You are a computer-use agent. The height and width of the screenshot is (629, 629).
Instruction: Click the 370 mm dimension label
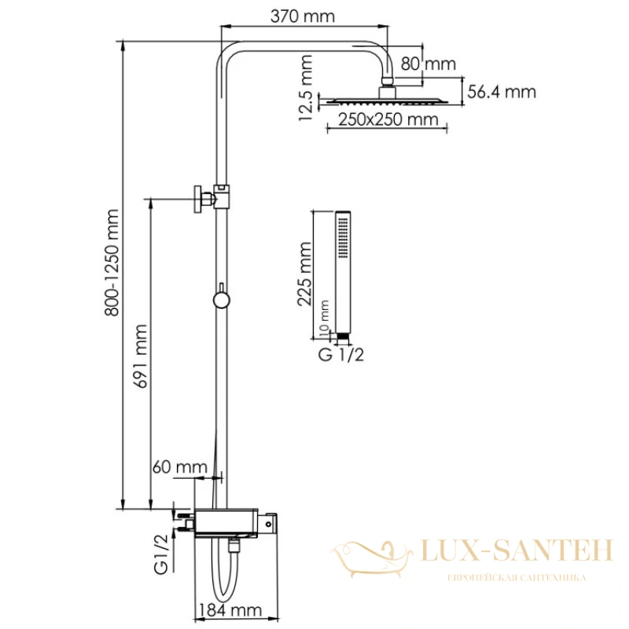pos(303,17)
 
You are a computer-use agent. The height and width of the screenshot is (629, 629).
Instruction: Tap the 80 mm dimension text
pos(428,64)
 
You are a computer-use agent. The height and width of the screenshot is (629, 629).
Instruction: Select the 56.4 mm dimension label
pos(502,92)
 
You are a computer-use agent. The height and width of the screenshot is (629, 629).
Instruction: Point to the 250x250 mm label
pos(388,120)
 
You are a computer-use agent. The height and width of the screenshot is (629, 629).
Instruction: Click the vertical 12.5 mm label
pos(305,88)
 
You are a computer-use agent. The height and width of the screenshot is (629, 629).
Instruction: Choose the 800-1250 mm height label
pos(112,263)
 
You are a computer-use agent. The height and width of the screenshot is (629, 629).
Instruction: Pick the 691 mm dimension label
pos(140,356)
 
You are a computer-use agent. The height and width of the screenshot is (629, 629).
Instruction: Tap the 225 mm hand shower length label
pos(304,274)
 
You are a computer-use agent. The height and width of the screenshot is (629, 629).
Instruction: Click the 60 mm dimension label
pos(180,467)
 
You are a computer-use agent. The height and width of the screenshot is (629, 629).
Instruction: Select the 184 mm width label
pos(230,610)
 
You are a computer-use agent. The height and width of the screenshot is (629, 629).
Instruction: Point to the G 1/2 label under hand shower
pos(341,355)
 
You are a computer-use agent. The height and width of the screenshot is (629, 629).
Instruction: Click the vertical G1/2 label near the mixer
pos(161,554)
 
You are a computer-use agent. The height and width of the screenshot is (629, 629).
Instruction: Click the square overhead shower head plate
pos(388,101)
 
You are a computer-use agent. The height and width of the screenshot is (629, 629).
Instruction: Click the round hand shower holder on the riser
pos(221,300)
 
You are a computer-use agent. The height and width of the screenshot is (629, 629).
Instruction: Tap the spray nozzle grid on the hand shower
pos(343,237)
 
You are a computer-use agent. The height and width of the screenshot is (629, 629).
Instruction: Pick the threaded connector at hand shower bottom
pos(343,339)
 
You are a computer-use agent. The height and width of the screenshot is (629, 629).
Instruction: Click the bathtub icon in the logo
pos(371,558)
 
